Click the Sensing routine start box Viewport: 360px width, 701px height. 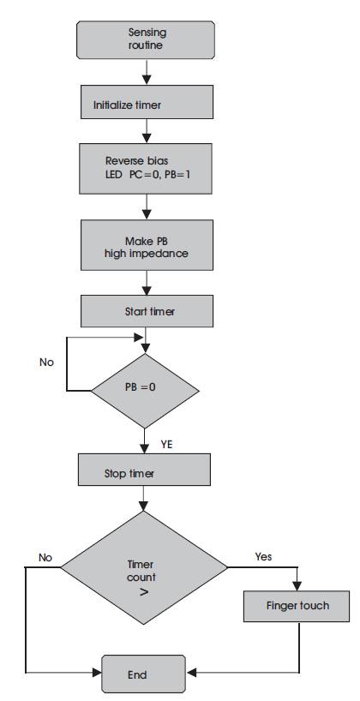(x=146, y=39)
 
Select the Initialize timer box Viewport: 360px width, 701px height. (x=147, y=103)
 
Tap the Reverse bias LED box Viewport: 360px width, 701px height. (x=146, y=169)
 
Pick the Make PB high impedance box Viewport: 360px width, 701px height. (x=147, y=244)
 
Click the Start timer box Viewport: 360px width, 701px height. (x=147, y=311)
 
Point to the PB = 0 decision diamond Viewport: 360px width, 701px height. (x=145, y=391)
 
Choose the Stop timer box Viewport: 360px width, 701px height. (x=144, y=470)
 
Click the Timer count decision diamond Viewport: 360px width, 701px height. (x=144, y=567)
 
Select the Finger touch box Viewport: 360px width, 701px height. (x=297, y=606)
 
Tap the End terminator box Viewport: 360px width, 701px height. (x=143, y=674)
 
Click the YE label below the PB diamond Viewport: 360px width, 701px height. (x=166, y=445)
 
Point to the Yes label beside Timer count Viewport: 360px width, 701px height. (x=263, y=556)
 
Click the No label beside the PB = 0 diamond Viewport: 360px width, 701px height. (x=46, y=362)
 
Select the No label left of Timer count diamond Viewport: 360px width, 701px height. (x=45, y=558)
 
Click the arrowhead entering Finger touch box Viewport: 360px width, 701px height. (x=297, y=586)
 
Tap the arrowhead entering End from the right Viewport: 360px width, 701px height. (x=190, y=673)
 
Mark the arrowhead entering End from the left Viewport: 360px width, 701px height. (x=97, y=672)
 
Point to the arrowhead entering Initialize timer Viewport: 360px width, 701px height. (x=147, y=81)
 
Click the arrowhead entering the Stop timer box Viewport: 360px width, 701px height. (x=145, y=448)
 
